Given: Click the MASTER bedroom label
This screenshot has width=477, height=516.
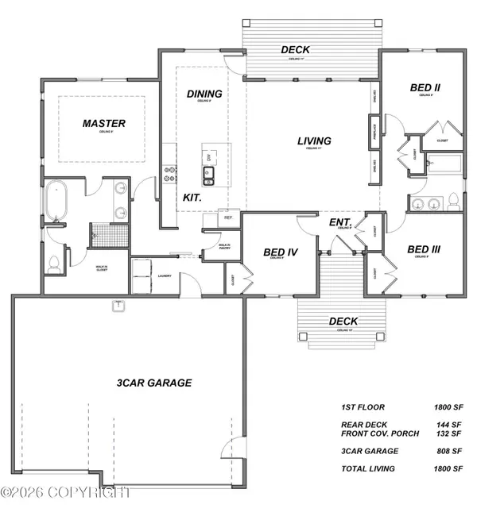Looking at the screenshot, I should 105,123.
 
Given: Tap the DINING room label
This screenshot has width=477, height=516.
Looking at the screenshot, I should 204,94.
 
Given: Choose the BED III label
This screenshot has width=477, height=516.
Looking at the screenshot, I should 423,249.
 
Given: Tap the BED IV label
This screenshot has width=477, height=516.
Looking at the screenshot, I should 280,252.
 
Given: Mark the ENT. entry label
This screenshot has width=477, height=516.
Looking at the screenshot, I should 340,221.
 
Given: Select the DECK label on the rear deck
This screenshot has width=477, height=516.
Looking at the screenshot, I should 295,50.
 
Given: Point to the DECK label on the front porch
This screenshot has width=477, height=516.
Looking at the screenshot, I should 343,322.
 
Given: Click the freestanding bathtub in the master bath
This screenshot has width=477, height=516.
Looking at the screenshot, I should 56,202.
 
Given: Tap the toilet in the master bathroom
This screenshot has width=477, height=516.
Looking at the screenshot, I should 54,264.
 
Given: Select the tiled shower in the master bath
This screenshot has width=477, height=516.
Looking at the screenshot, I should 101,234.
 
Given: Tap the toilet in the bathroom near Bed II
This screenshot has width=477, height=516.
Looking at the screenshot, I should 453,201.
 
